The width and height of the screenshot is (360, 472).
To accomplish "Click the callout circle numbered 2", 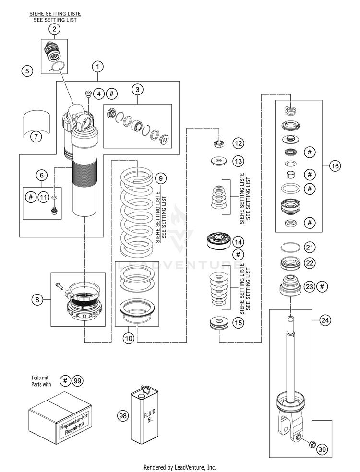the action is (54, 29).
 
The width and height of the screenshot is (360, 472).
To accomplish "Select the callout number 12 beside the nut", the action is (238, 143).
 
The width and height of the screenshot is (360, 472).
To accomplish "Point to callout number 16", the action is (335, 165).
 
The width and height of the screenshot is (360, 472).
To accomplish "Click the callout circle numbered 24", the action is (325, 320).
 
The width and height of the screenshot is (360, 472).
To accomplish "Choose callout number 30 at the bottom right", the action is (322, 450).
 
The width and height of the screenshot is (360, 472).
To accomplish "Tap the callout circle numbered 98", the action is (122, 416).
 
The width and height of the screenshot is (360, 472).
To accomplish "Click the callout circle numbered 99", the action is (77, 381).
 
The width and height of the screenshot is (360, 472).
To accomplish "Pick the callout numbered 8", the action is (37, 299).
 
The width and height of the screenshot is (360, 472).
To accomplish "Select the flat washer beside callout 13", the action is (219, 161).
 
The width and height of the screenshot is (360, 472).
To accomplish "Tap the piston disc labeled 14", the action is (219, 241).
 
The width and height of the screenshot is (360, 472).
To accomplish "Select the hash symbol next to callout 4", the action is (111, 94).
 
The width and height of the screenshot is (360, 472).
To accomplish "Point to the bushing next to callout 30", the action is (312, 444).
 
